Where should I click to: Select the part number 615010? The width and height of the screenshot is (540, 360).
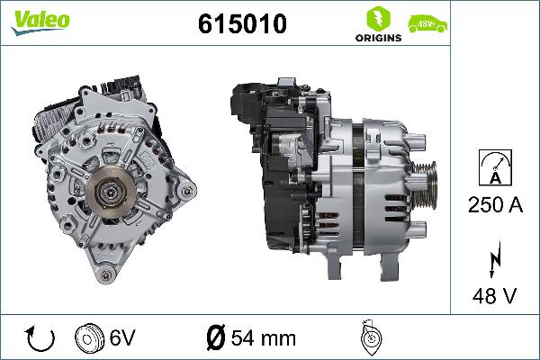coord(241,24)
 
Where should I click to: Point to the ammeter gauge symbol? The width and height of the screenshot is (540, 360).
coord(495,168)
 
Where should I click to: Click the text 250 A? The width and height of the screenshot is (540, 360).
coord(495,205)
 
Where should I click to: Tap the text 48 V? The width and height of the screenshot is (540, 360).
coord(495,294)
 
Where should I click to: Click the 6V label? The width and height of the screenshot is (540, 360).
coord(123,339)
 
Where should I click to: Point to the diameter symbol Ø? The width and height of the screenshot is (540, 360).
coord(215,339)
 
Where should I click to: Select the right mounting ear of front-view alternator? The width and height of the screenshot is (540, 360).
coord(186,191)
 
